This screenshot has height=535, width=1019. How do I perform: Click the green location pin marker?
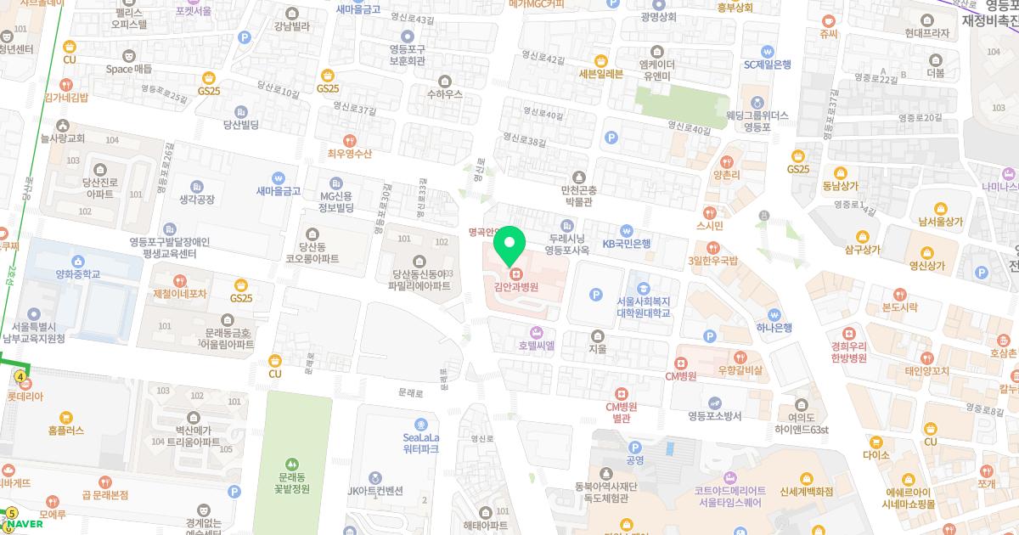click(509, 245)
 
